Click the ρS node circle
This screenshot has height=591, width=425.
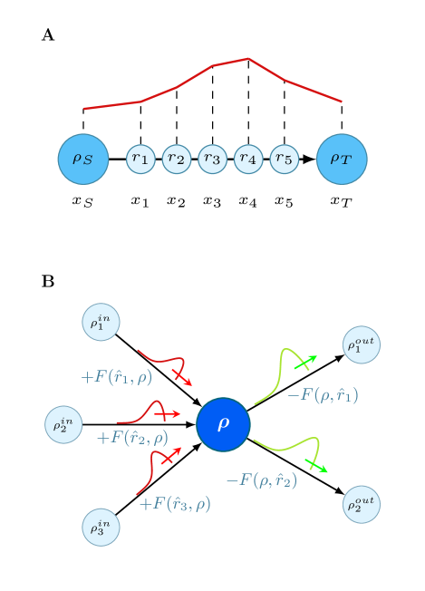point(83,160)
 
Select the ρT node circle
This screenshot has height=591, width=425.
point(342,160)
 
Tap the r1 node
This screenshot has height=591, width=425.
point(140,160)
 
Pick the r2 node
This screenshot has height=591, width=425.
point(177,160)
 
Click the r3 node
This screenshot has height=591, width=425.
point(212,160)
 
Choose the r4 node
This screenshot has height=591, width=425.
point(248,160)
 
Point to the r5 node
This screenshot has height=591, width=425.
point(284,160)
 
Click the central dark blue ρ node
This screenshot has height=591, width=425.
point(223,424)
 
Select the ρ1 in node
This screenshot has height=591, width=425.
point(101,322)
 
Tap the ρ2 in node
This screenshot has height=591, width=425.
point(63,424)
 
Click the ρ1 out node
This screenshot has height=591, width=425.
point(362,345)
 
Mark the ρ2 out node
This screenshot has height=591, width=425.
point(362,504)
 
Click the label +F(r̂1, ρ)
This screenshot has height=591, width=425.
point(117,377)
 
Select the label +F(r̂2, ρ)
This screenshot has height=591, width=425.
point(132,438)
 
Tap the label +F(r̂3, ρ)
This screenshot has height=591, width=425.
point(175,504)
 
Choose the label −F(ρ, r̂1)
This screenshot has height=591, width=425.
point(322,395)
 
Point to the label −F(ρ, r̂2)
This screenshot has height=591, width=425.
point(261,480)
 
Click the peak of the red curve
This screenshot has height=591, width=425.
point(248,59)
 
